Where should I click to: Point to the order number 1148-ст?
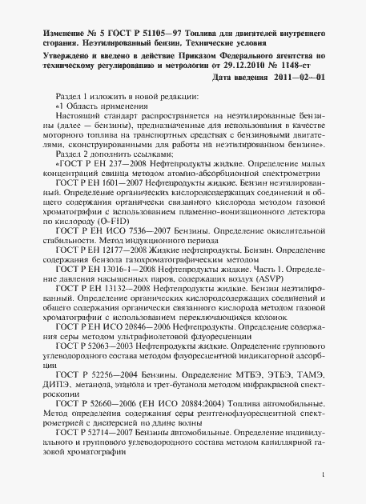[x=304, y=65]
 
